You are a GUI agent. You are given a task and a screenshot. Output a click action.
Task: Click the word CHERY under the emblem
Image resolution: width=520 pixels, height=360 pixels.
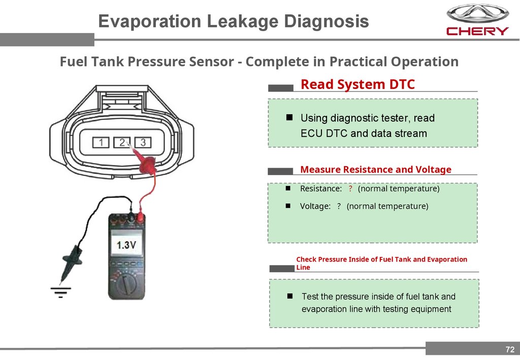point(477,31)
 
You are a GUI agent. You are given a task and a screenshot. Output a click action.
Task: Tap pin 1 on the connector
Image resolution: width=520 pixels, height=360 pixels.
point(102,142)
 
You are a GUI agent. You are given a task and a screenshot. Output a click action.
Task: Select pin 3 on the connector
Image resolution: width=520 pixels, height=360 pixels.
point(143,142)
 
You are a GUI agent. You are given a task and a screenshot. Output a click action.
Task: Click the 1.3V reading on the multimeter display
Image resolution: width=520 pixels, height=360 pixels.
point(126,245)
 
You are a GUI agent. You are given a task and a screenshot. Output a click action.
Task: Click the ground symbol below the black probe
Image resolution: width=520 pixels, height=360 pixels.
point(60,291)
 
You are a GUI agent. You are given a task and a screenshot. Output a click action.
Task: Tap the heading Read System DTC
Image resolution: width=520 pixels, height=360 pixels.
point(357,84)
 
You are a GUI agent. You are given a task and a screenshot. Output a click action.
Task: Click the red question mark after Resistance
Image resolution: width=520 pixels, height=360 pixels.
point(350,189)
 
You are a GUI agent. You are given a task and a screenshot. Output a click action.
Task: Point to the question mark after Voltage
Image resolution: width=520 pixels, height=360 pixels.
point(339,206)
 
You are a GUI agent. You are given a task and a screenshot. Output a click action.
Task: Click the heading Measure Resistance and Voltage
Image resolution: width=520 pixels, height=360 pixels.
point(376,170)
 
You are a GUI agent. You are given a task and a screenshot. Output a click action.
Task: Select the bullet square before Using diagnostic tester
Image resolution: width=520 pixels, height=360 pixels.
point(289,118)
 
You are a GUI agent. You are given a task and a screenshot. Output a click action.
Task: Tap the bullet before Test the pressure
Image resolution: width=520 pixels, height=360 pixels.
point(290,296)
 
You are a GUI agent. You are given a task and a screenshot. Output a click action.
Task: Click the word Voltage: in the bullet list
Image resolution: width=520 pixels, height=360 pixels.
point(315,206)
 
